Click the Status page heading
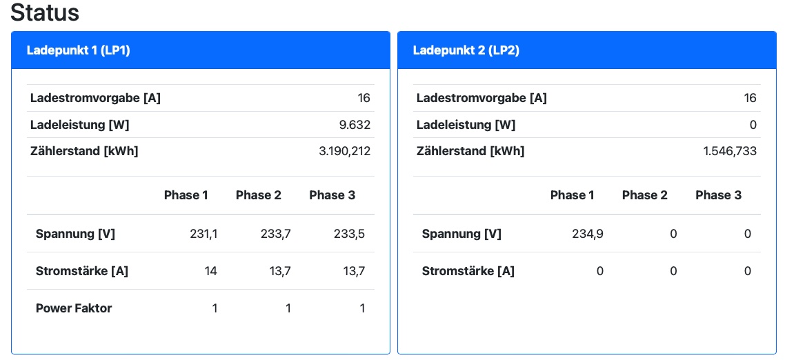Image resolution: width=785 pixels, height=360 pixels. pos(46,12)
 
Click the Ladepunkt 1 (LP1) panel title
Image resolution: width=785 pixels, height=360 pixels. pos(79,50)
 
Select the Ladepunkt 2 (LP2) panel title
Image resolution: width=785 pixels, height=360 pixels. pos(466,50)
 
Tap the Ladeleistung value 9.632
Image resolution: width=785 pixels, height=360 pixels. pos(356,125)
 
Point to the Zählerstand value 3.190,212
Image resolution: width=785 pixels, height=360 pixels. pos(344,151)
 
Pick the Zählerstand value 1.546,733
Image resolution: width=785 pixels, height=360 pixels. pos(730,151)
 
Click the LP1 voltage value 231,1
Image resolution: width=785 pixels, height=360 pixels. pos(203,234)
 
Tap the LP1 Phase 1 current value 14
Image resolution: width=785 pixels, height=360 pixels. pos(210,271)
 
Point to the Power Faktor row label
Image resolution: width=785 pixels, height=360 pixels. pos(74,308)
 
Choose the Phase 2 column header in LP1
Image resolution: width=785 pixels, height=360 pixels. pos(259,195)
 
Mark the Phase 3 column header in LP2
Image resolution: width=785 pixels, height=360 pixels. pos(718,195)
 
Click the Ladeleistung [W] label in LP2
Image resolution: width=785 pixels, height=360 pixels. pos(466,125)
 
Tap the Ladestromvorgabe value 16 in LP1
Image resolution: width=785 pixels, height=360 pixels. pos(364,98)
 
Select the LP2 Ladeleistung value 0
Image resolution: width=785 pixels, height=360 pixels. pos(753,125)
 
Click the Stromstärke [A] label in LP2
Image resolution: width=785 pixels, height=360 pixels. pos(468,271)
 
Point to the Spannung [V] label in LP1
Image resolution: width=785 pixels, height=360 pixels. pos(75,234)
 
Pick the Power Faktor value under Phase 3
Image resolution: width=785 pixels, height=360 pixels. pos(362,308)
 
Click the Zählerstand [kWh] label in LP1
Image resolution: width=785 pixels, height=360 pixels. pos(84,151)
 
